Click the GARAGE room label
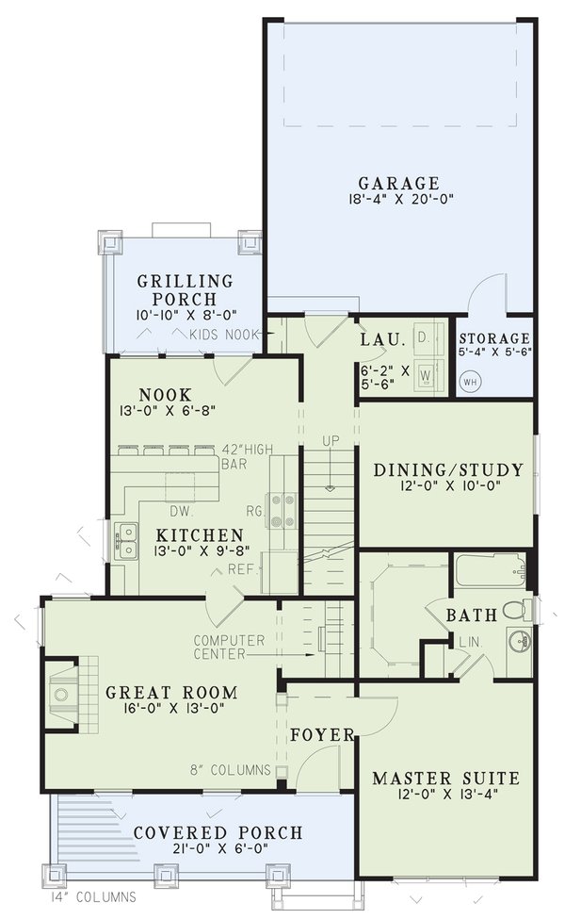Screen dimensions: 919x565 coord(398,183)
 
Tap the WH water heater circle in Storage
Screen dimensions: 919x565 coord(470,382)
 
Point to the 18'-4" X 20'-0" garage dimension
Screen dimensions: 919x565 coord(398,200)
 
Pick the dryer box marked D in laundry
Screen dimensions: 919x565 coord(423,336)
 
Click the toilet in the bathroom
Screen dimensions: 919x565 coord(516,610)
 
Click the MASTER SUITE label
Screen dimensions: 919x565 coord(445,779)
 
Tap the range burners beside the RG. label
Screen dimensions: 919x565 coord(281,509)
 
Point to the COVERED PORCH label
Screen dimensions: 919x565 coord(218,833)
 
